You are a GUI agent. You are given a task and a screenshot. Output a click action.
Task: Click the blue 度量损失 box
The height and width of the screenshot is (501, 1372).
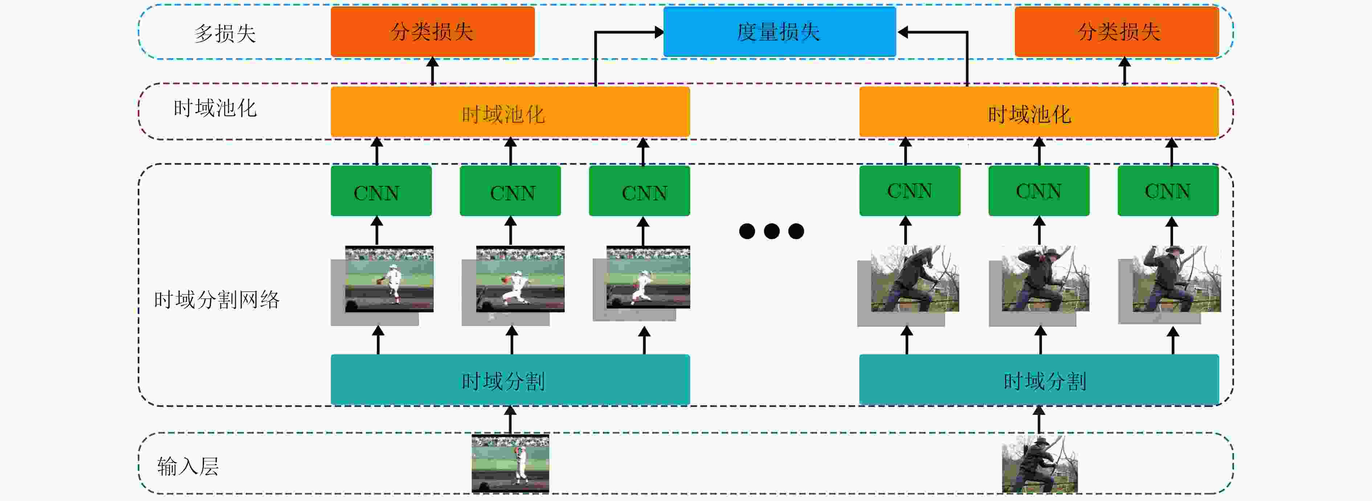click(779, 32)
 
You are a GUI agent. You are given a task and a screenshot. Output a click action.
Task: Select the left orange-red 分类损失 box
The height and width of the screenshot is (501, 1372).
click(433, 32)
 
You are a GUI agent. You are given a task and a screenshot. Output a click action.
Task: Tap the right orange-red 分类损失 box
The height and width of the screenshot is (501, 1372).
click(1116, 32)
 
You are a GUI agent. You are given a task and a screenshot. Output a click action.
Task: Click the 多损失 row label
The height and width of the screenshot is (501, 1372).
click(225, 33)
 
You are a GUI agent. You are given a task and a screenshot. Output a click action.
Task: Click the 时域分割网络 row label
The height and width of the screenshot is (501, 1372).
click(217, 300)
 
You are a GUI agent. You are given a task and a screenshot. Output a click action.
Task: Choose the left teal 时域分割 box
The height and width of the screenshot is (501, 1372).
click(510, 379)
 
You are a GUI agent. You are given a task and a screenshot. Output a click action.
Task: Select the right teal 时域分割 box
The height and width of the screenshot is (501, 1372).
click(1038, 379)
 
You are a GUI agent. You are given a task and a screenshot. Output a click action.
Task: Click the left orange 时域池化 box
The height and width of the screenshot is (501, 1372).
click(510, 112)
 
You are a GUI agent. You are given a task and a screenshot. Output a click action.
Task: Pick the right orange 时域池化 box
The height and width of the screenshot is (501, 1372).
click(1038, 112)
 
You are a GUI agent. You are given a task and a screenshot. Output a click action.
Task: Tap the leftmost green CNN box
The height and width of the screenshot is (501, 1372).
click(381, 191)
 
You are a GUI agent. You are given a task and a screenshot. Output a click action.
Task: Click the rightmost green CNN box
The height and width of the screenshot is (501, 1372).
click(1168, 191)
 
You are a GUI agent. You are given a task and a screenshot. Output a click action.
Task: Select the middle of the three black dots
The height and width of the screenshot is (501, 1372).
click(771, 231)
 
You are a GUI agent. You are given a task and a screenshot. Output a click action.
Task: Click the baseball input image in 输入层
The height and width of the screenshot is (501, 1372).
click(510, 464)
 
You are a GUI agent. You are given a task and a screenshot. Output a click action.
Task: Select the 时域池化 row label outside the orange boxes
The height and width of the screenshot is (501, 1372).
click(215, 108)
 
